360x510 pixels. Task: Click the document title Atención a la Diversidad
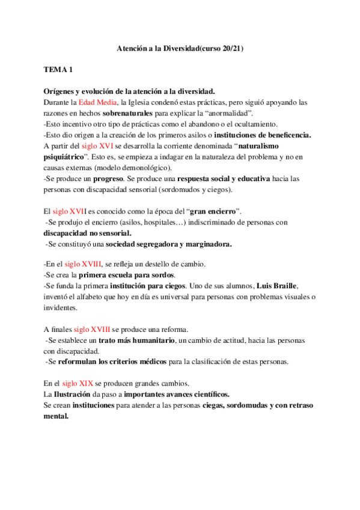tap(180, 48)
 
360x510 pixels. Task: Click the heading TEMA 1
tap(58, 70)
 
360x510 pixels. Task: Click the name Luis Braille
tap(276, 286)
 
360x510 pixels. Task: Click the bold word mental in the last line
tap(56, 416)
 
